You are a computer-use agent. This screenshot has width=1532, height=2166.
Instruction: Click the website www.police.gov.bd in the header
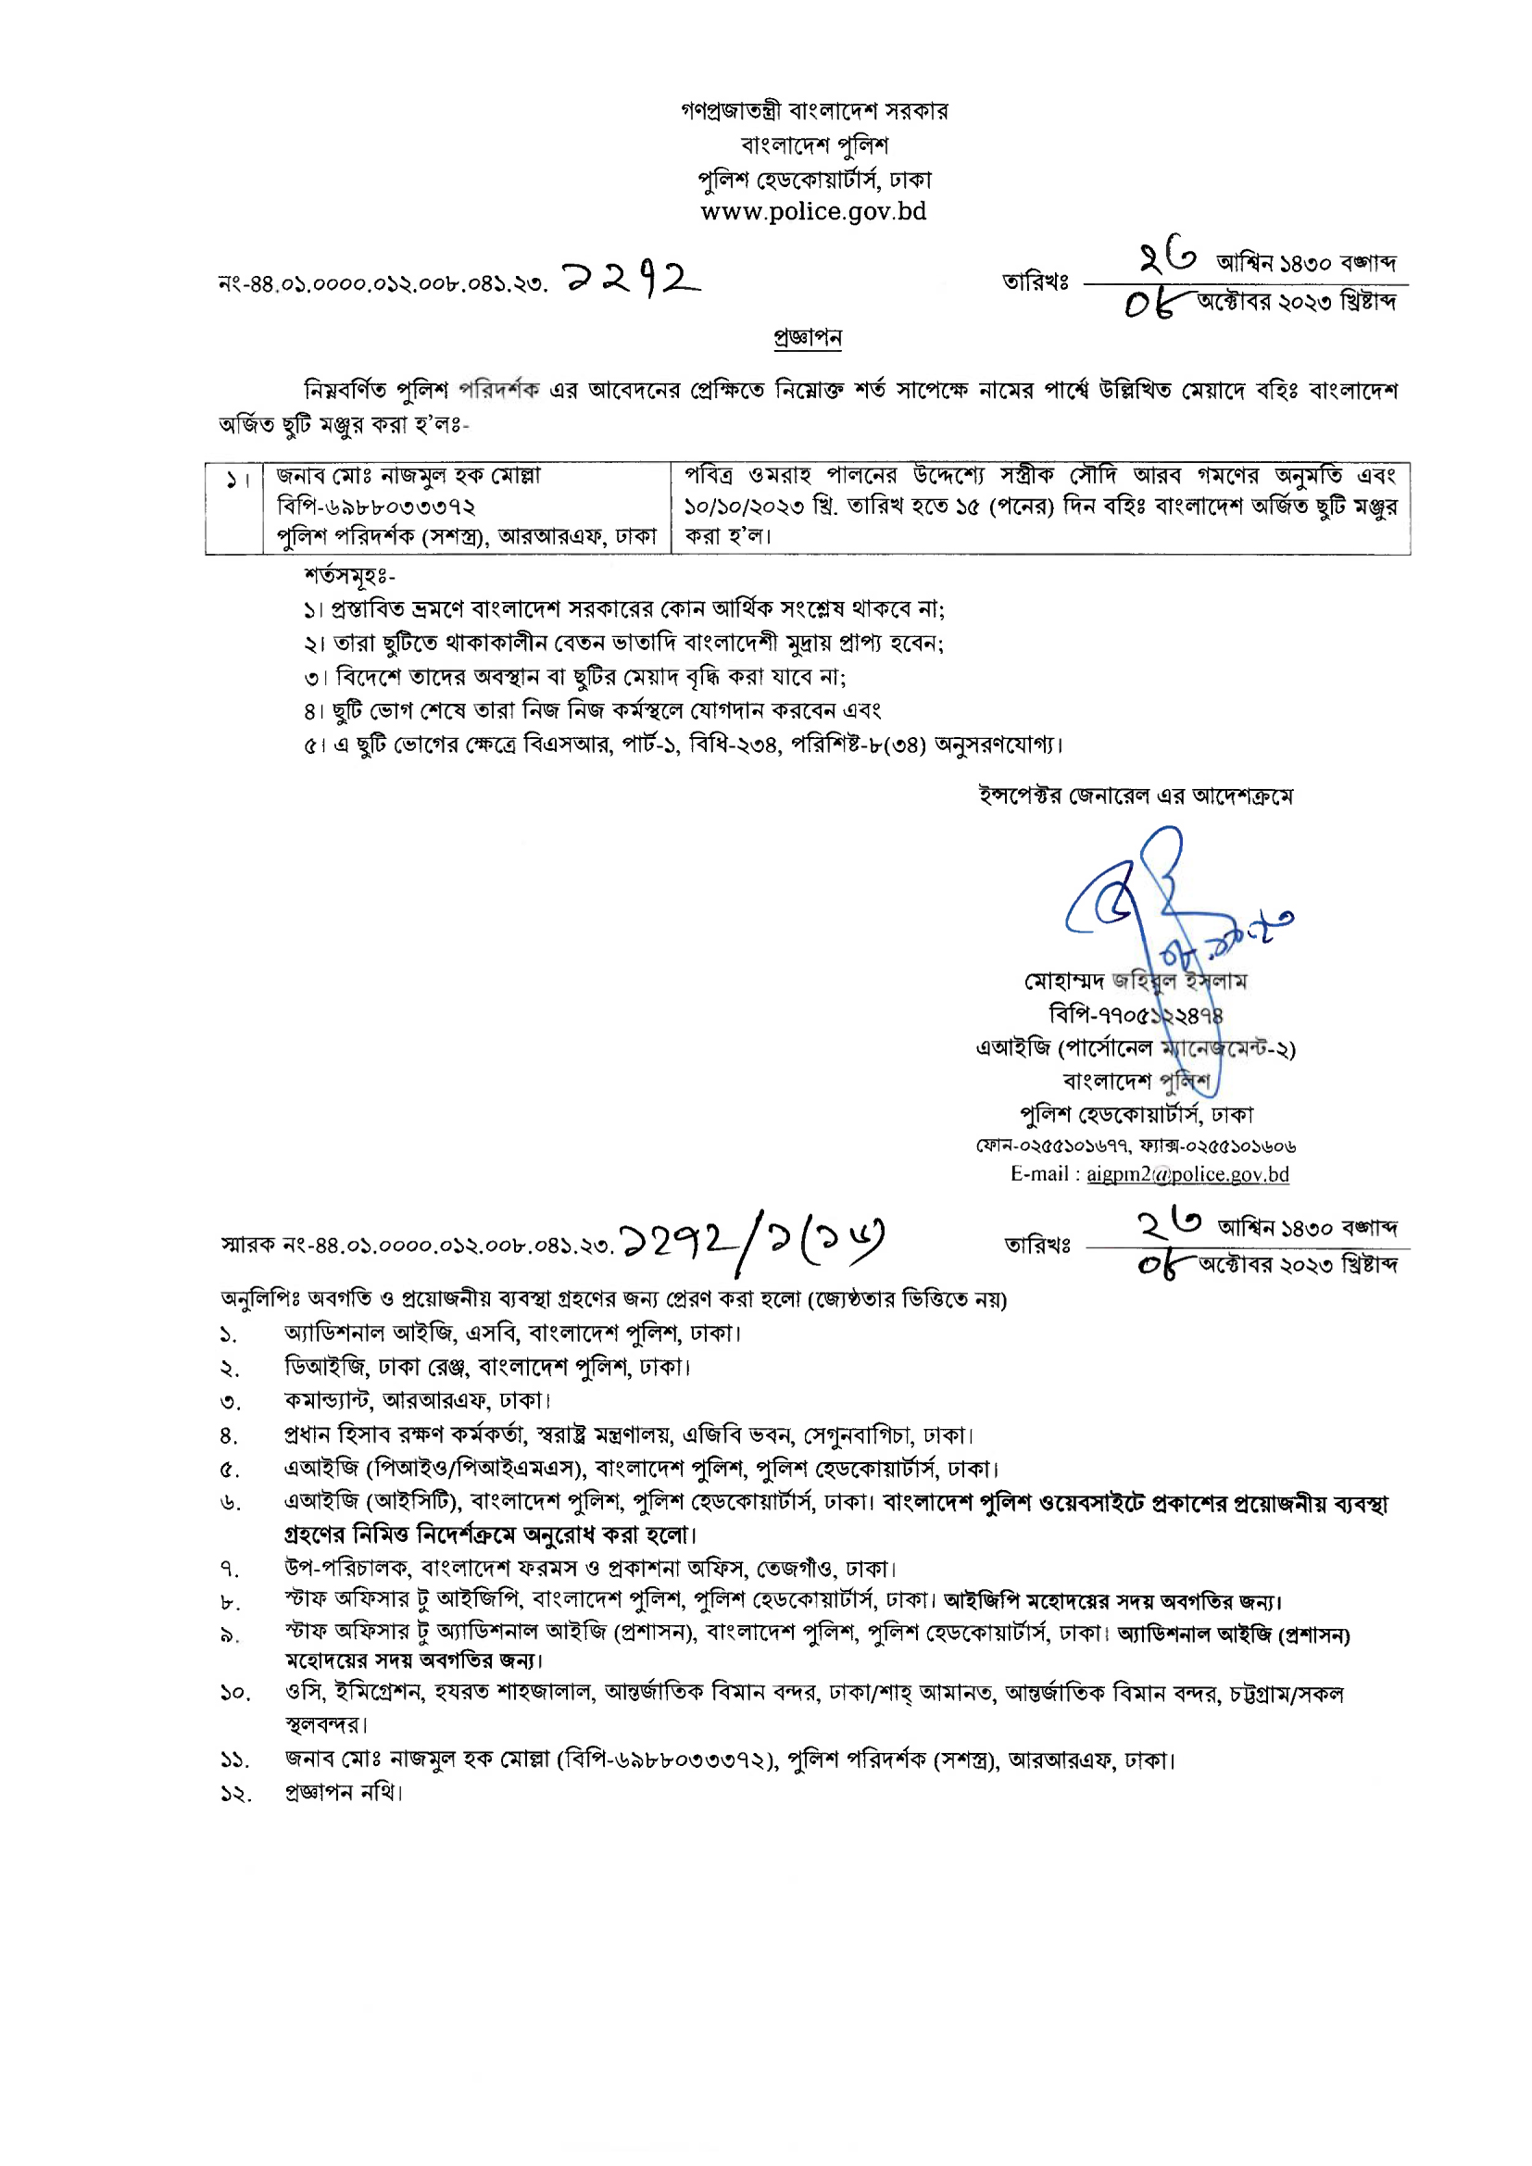pyautogui.click(x=813, y=211)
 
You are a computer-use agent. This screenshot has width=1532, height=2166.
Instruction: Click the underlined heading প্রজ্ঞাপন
pyautogui.click(x=808, y=337)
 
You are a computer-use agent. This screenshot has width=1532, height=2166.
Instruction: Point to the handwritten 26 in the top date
pyautogui.click(x=1167, y=257)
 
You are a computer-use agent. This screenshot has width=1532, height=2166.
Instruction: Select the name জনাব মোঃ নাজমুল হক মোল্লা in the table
pyautogui.click(x=408, y=475)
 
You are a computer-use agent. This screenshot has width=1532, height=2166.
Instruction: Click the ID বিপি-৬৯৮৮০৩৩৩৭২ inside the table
pyautogui.click(x=375, y=507)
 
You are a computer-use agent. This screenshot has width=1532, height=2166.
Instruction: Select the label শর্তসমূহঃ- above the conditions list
pyautogui.click(x=349, y=575)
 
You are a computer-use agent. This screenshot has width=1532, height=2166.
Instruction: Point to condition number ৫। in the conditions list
pyautogui.click(x=314, y=746)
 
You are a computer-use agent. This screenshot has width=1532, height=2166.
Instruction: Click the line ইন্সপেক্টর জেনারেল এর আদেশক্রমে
pyautogui.click(x=1136, y=796)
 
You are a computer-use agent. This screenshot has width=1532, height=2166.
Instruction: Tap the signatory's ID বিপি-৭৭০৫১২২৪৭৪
pyautogui.click(x=1136, y=1015)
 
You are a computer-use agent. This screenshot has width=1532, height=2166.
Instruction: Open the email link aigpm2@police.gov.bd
pyautogui.click(x=1187, y=1174)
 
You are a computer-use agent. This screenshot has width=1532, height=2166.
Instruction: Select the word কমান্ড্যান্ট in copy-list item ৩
pyautogui.click(x=327, y=1400)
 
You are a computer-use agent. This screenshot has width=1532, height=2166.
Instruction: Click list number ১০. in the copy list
pyautogui.click(x=235, y=1694)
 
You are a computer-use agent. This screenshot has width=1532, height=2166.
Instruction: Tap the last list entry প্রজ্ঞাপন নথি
pyautogui.click(x=344, y=1793)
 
